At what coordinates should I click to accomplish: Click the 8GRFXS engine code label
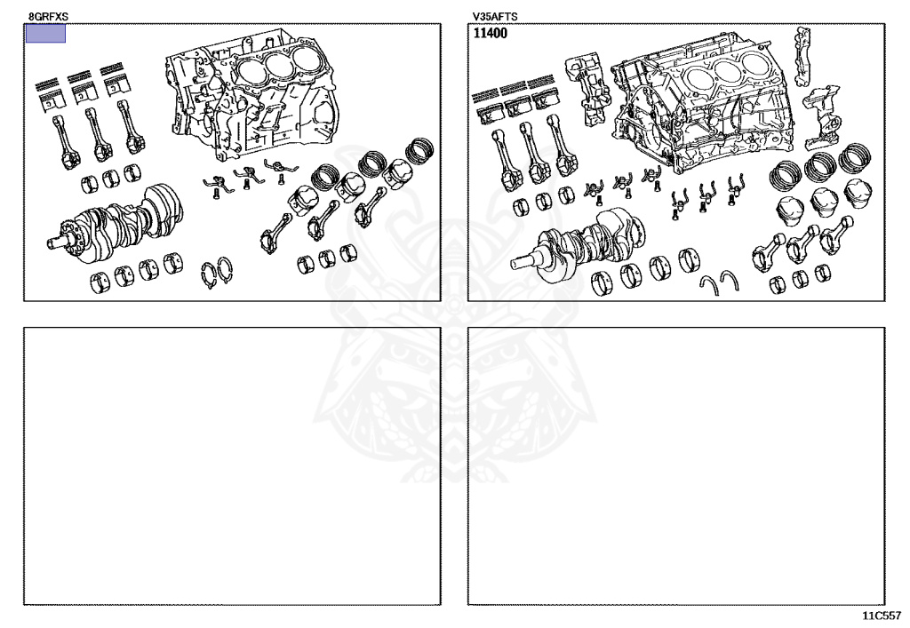pos(48,17)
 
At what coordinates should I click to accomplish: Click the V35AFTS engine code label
pos(494,17)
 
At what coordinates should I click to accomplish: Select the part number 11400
pos(490,33)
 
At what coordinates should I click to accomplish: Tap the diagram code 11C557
pos(881,616)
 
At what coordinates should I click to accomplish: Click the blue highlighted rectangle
pos(45,34)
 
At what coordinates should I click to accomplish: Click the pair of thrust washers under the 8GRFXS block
pos(217,273)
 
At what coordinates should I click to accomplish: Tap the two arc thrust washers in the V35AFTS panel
pos(718,282)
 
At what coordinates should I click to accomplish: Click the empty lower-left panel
pos(232,466)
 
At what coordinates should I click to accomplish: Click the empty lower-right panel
pos(676,466)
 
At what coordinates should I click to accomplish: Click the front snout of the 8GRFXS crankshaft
pos(56,242)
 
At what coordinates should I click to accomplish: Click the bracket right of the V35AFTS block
pos(822,116)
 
